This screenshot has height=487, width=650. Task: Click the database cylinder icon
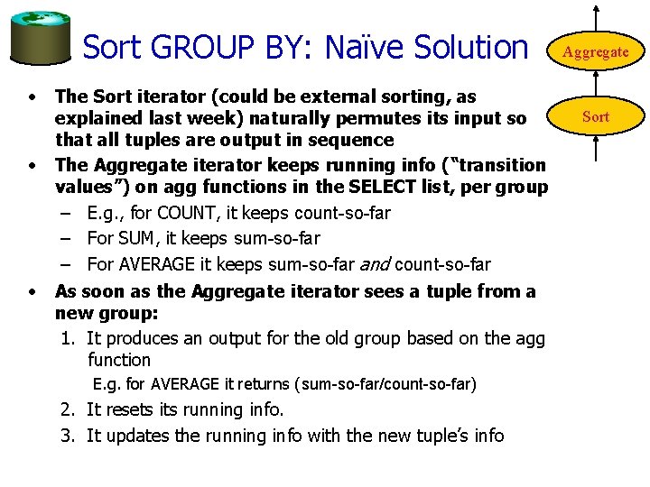(41, 37)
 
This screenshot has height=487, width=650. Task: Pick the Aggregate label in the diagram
(596, 52)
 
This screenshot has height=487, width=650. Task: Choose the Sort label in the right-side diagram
(596, 116)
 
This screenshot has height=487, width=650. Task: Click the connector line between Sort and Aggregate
(596, 85)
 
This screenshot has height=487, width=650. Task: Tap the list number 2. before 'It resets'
(70, 410)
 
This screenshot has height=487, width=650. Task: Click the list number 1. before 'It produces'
(70, 339)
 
